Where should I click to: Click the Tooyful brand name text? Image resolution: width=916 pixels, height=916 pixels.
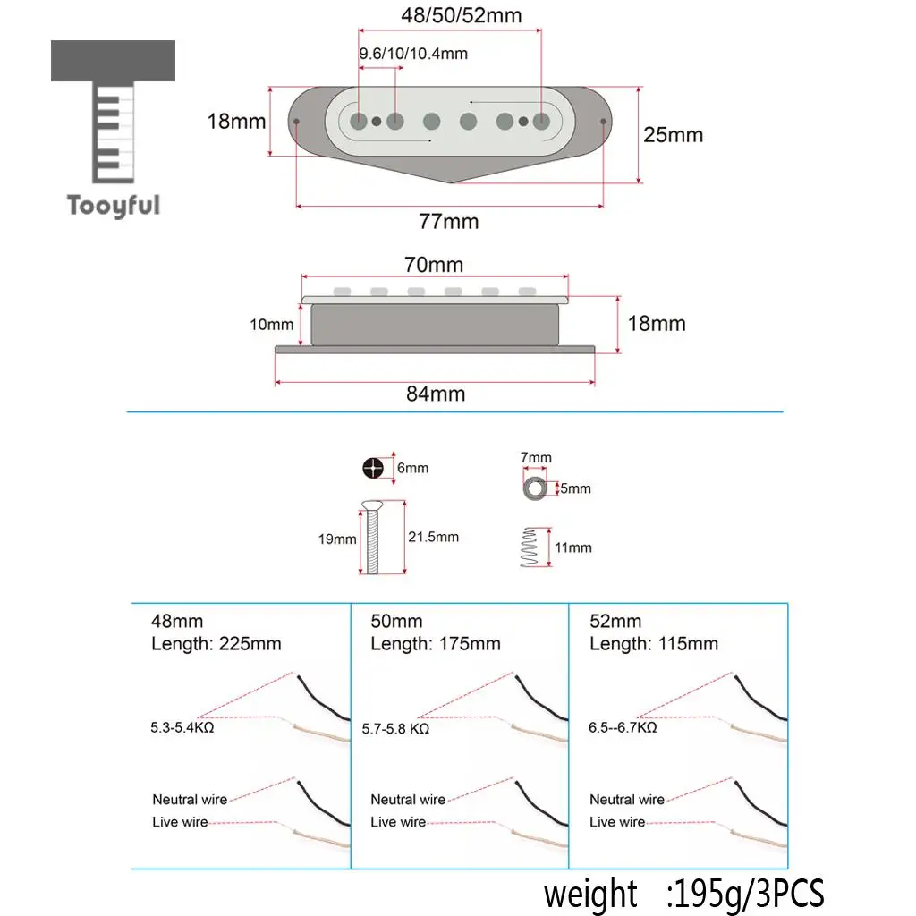pyautogui.click(x=114, y=206)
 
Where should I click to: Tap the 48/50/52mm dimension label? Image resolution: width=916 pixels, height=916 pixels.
pyautogui.click(x=462, y=15)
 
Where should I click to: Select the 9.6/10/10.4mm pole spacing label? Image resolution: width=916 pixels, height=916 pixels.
pyautogui.click(x=413, y=54)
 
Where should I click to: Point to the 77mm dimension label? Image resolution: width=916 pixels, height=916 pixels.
pyautogui.click(x=449, y=222)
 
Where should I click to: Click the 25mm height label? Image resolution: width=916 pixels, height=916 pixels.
pyautogui.click(x=673, y=135)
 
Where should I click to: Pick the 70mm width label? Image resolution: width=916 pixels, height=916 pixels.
pyautogui.click(x=434, y=265)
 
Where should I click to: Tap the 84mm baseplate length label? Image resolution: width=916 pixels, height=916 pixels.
pyautogui.click(x=436, y=394)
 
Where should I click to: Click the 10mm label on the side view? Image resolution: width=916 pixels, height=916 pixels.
pyautogui.click(x=272, y=325)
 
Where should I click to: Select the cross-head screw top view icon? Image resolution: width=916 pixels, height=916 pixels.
pyautogui.click(x=373, y=468)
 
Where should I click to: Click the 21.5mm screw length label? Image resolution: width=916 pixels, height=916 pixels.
pyautogui.click(x=434, y=537)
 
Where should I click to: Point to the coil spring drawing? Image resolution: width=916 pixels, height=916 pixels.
pyautogui.click(x=530, y=547)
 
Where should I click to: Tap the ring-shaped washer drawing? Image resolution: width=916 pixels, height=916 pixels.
pyautogui.click(x=535, y=488)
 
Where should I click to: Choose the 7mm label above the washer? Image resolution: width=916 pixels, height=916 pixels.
pyautogui.click(x=536, y=457)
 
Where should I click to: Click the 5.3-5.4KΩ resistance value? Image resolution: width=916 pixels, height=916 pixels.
pyautogui.click(x=182, y=728)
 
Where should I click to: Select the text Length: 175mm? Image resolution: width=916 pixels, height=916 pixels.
pyautogui.click(x=436, y=644)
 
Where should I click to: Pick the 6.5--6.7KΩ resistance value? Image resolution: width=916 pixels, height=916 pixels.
pyautogui.click(x=623, y=728)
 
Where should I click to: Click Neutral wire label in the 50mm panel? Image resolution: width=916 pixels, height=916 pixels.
pyautogui.click(x=408, y=799)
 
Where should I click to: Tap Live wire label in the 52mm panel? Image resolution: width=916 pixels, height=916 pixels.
pyautogui.click(x=617, y=822)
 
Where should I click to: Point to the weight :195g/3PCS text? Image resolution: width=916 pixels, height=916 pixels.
pyautogui.click(x=683, y=894)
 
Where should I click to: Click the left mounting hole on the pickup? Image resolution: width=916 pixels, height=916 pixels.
pyautogui.click(x=297, y=122)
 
